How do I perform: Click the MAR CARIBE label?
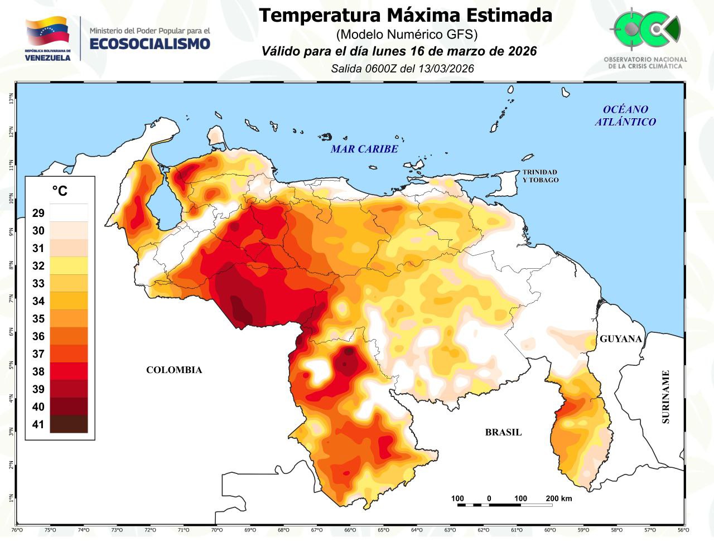pyautogui.click(x=364, y=149)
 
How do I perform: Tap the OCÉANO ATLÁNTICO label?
pyautogui.click(x=625, y=115)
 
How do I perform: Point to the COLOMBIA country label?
pyautogui.click(x=174, y=370)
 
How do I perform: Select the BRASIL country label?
pyautogui.click(x=503, y=432)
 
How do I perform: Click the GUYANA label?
pyautogui.click(x=621, y=338)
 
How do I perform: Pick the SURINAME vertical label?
pyautogui.click(x=665, y=397)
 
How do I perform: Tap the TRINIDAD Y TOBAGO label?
pyautogui.click(x=540, y=176)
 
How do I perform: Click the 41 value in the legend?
pyautogui.click(x=38, y=424)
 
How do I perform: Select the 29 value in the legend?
pyautogui.click(x=38, y=213)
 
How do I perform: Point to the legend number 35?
pyautogui.click(x=38, y=319)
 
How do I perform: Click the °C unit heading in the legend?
pyautogui.click(x=60, y=191)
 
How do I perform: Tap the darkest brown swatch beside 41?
pyautogui.click(x=69, y=424)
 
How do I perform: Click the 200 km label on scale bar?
pyautogui.click(x=558, y=499)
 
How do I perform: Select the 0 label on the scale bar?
pyautogui.click(x=489, y=499)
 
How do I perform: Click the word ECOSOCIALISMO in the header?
pyautogui.click(x=149, y=44)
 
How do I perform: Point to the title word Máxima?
pyautogui.click(x=427, y=15)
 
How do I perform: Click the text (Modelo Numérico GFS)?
pyautogui.click(x=406, y=34)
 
